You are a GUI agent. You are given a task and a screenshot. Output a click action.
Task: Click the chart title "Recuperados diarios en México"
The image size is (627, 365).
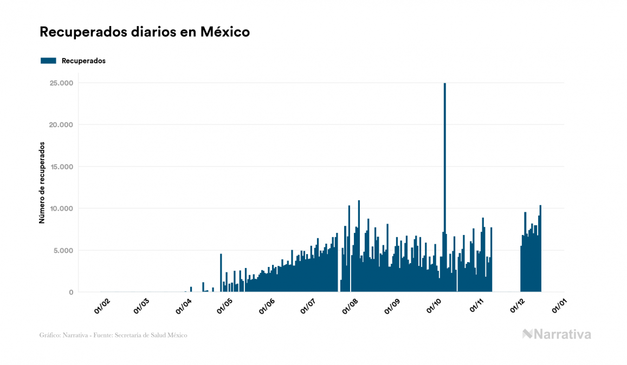coord(145,32)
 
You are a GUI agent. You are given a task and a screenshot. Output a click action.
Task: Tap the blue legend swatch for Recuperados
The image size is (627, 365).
coord(48,61)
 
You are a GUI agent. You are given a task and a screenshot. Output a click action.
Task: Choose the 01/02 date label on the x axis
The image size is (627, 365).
coord(102,306)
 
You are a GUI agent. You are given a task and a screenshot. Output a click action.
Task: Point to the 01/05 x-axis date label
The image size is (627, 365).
coord(225,306)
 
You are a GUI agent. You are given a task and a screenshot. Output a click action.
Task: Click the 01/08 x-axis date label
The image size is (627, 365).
coord(351,306)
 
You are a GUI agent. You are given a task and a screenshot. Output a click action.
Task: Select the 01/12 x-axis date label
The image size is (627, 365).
coord(518,306)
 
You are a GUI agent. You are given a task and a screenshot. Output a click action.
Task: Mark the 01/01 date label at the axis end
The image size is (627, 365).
coord(559,306)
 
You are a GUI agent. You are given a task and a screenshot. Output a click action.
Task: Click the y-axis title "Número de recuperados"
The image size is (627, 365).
coord(42,182)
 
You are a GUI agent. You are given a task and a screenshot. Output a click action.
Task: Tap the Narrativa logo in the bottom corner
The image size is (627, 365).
coord(557,334)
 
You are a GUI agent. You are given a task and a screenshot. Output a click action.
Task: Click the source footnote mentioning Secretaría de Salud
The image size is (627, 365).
coord(113,335)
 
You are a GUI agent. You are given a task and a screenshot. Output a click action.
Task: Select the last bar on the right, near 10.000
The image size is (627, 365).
coord(540,249)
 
